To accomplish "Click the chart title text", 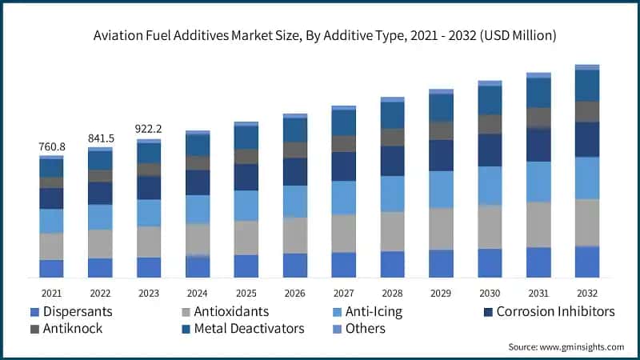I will coord(320,36).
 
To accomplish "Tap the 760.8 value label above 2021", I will coord(51,146).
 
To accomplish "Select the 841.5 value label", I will coord(100,138).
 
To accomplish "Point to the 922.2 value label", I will coord(149,129).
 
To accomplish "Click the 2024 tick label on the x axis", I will coord(198,293).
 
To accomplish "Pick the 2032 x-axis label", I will coord(587,293).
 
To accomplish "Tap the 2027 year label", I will coord(343,293).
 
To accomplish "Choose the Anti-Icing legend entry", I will coord(374,311).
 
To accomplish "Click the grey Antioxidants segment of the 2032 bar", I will coord(587,222).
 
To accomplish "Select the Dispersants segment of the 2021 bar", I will coord(51,269).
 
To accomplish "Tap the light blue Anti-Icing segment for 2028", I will coord(392,194).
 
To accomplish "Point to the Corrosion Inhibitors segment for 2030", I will coord(490,150).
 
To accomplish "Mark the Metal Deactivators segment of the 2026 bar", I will coord(294,130).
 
